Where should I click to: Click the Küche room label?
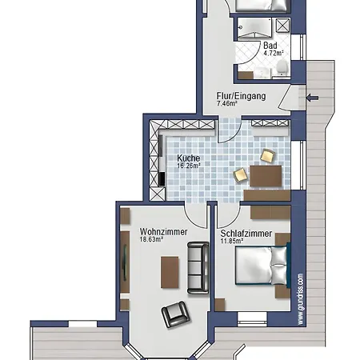coord(188,158)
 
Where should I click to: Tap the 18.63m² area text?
coord(151,239)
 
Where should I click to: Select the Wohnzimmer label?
coord(163,232)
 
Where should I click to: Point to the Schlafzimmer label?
coord(246,234)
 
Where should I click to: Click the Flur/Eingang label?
coord(241,96)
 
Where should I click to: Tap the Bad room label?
coord(270,46)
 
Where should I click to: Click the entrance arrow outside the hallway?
coord(312,98)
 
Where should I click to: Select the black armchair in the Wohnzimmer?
coord(176,314)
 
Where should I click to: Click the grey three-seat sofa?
coord(198,268)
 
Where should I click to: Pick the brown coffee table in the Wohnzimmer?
coord(170,272)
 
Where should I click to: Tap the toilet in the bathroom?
coord(282,67)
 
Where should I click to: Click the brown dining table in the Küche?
coord(266,176)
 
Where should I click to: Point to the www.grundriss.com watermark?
coord(301,299)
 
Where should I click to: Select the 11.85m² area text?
coord(231,241)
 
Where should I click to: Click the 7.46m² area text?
coord(226,103)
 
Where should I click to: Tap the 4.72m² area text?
coord(274,53)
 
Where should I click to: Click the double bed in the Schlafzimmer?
coord(262,266)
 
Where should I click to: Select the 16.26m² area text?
coord(189,166)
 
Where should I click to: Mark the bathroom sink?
coord(262,73)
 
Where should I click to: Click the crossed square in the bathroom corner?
coord(282,26)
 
